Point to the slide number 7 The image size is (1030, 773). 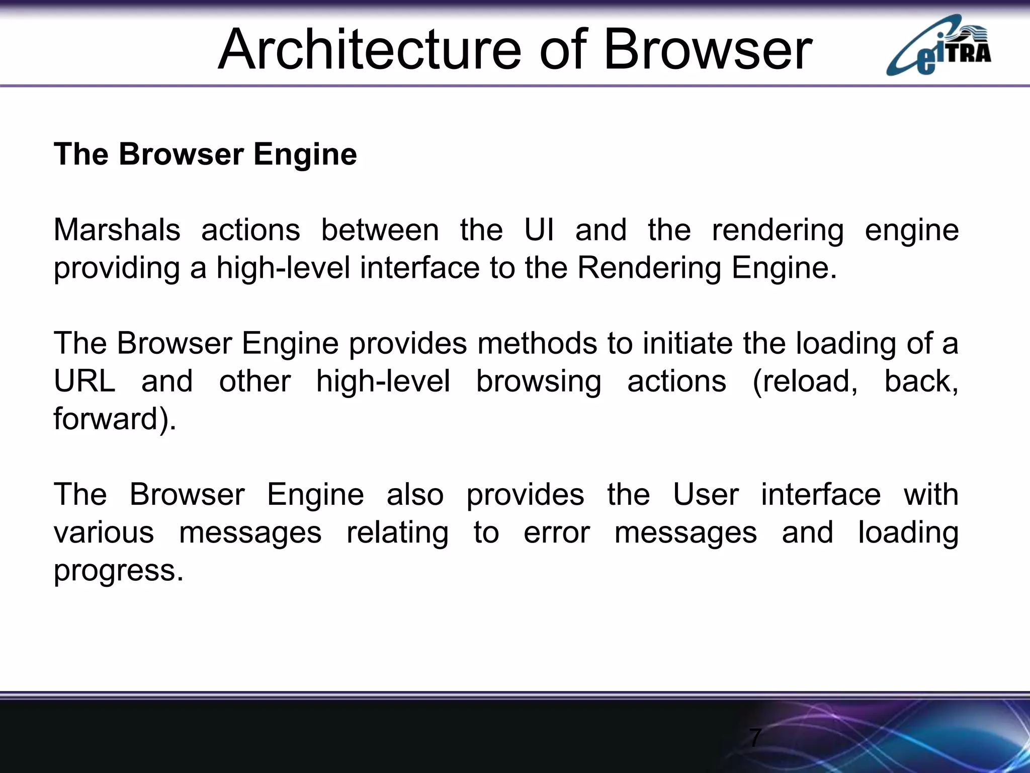point(755,738)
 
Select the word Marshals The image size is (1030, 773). point(117,230)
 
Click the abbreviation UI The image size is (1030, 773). point(539,230)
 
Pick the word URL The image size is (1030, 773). point(84,381)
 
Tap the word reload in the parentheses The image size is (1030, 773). point(807,381)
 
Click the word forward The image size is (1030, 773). point(106,419)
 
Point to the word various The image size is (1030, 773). point(104,532)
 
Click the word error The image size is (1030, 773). point(557,532)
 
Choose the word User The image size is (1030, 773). point(706,494)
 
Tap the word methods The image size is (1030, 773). point(537,343)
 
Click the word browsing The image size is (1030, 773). point(538,381)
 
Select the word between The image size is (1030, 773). point(380,230)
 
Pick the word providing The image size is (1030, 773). point(117,268)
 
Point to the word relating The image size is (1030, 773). point(397,532)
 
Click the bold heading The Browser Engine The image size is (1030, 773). point(205,154)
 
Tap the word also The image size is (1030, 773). point(415,494)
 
